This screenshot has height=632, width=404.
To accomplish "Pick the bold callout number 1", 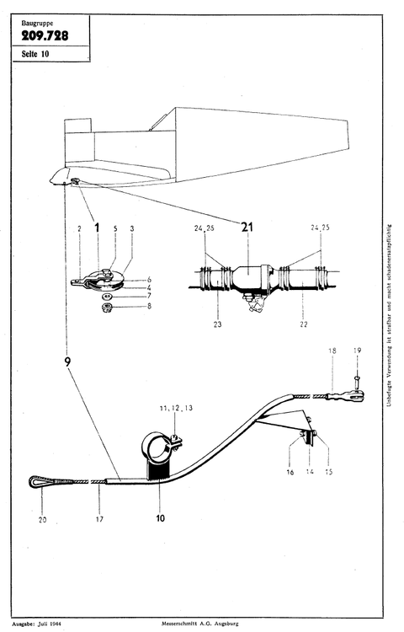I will coord(97,228).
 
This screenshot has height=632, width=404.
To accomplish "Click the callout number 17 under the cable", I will coord(100,520).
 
